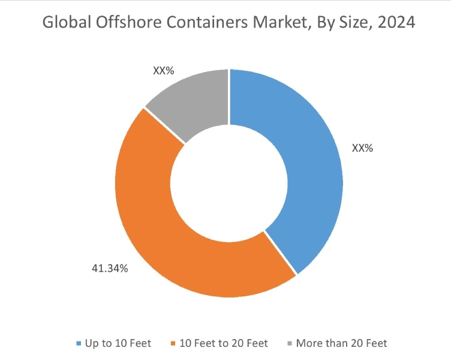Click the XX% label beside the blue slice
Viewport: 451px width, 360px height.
(x=362, y=148)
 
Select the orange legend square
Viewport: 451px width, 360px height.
(x=174, y=344)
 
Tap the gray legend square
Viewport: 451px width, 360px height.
(x=291, y=344)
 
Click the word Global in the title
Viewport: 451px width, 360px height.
(x=63, y=23)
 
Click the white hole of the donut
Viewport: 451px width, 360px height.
(x=228, y=182)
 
